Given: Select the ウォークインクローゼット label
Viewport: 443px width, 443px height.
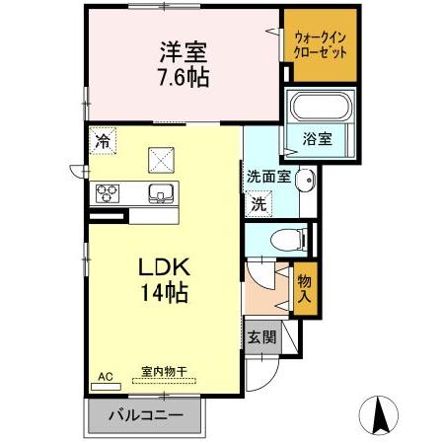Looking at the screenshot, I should tap(320, 43).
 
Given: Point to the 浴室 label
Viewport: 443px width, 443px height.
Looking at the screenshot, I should tap(317, 139).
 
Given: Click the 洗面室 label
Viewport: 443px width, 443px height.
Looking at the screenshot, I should tap(267, 178).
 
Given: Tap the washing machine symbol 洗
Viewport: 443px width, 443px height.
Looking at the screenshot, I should tap(258, 205).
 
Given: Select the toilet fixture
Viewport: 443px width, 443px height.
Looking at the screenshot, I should tap(287, 238).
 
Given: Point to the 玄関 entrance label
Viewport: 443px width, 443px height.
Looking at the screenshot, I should tap(262, 335).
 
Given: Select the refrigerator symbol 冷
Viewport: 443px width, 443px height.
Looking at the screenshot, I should tap(103, 141).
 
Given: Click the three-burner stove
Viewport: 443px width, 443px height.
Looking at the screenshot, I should tap(108, 192).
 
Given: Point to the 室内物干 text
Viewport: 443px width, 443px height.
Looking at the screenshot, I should tap(164, 372).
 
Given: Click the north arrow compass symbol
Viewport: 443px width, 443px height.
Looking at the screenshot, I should tap(380, 412).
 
